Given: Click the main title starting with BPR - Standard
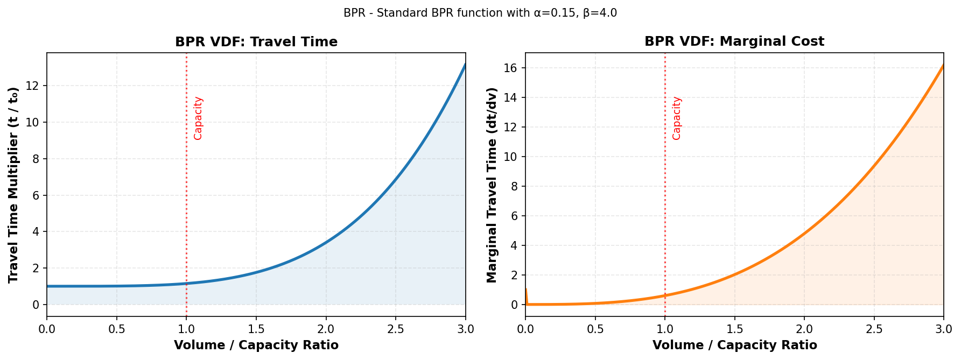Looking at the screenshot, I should point(480,13).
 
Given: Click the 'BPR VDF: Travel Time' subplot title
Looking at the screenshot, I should point(256,42).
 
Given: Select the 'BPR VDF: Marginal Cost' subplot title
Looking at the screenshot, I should point(734,41).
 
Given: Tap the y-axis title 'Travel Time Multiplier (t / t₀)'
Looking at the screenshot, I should point(13,185).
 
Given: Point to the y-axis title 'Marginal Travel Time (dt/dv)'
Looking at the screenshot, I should point(492,185).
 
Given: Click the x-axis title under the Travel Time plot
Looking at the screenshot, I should point(256,345).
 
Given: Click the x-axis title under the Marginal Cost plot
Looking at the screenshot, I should point(734,345).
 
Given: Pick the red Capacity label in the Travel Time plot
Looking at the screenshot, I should point(198,118).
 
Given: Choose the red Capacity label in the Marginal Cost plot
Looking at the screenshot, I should point(677,118).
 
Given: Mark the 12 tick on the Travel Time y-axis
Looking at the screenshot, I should point(34,86).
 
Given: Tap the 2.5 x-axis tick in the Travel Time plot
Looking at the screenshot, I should point(396,329).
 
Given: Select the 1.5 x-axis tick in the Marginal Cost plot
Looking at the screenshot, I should point(734,329).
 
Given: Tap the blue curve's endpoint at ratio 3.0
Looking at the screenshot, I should point(465,65).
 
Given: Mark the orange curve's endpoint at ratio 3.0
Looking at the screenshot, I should point(943,66).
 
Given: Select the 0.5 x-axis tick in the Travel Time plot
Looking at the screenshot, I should point(117,329).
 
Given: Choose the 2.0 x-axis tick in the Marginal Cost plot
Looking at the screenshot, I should point(804,329).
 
